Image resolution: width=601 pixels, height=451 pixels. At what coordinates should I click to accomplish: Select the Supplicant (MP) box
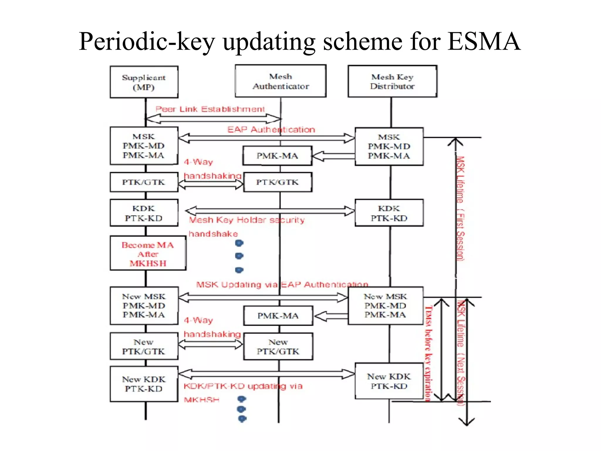pyautogui.click(x=144, y=82)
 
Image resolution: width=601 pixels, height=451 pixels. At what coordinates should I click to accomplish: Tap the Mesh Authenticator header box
pyautogui.click(x=281, y=81)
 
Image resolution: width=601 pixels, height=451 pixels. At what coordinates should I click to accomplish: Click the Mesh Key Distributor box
pyautogui.click(x=392, y=81)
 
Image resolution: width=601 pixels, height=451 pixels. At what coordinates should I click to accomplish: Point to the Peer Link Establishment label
pyautogui.click(x=210, y=109)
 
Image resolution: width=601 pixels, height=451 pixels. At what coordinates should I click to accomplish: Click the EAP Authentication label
pyautogui.click(x=271, y=129)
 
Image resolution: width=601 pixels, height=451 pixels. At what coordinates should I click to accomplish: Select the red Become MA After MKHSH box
pyautogui.click(x=148, y=254)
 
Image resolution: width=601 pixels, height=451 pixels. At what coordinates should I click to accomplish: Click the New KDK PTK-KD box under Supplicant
pyautogui.click(x=144, y=384)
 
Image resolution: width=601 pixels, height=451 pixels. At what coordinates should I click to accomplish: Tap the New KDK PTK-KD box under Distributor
pyautogui.click(x=389, y=381)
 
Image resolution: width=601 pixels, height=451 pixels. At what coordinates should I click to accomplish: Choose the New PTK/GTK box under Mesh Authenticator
pyautogui.click(x=278, y=347)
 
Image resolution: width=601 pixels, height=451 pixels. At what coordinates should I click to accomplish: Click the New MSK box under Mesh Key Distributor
pyautogui.click(x=385, y=306)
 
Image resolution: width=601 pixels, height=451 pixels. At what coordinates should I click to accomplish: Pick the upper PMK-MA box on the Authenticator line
pyautogui.click(x=277, y=156)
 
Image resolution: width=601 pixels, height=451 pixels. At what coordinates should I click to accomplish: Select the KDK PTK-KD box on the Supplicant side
pyautogui.click(x=144, y=213)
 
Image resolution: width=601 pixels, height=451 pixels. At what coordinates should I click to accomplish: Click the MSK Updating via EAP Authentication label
pyautogui.click(x=282, y=285)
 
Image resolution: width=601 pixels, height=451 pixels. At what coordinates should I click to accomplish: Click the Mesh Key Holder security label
pyautogui.click(x=247, y=220)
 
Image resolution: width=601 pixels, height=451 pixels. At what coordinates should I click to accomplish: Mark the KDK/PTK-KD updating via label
pyautogui.click(x=243, y=386)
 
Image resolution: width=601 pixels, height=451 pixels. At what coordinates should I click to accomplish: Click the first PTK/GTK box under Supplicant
pyautogui.click(x=144, y=182)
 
